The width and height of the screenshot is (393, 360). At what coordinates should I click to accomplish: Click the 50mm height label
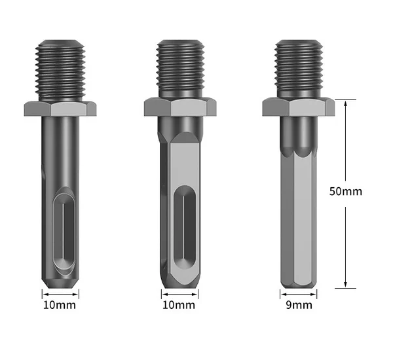tap(346, 191)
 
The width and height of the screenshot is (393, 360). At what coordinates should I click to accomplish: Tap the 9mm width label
tap(299, 305)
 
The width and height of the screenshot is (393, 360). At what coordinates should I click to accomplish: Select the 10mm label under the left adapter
tap(60, 305)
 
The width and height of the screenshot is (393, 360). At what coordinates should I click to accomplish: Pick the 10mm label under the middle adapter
tap(179, 305)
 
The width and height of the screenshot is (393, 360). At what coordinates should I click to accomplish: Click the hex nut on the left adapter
tap(60, 109)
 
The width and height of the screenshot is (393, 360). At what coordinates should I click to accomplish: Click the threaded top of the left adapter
tap(60, 71)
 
